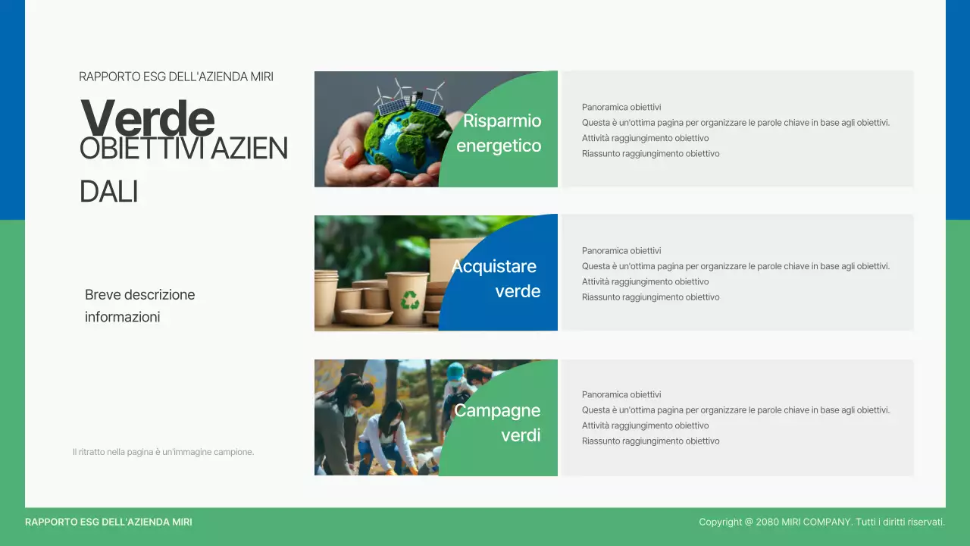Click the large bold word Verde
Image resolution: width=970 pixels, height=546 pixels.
coord(147,118)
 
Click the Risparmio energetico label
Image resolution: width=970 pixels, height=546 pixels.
coord(499,133)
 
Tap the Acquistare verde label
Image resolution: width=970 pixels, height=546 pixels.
coord(496,278)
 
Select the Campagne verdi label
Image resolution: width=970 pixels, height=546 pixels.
coord(497,422)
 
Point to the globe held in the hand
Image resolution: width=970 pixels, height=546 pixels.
coord(402,140)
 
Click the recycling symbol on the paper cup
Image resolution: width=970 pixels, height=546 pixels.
coord(410,300)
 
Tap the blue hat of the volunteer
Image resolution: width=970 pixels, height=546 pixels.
coord(455,371)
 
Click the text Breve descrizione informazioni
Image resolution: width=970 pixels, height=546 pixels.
coord(140,306)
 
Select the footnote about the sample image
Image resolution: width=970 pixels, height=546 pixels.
coord(163,452)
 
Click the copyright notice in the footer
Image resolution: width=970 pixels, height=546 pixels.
coord(821,522)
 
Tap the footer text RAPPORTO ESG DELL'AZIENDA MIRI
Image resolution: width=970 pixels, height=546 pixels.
coord(108,522)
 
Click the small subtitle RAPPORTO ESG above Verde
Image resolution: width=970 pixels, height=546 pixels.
coord(176,77)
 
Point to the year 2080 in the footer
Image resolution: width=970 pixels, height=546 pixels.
coord(768,522)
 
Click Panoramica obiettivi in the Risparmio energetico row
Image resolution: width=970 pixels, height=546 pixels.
coord(621,107)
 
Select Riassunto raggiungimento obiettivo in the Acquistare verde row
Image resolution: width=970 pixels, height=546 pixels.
coord(650,297)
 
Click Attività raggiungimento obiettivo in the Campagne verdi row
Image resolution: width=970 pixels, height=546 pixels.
coord(645,425)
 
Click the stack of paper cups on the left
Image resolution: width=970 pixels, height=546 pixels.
coord(327,300)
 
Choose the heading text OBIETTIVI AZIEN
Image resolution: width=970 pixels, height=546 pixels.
coord(183,149)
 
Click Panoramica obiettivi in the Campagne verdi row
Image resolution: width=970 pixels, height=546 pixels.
coord(621,394)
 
